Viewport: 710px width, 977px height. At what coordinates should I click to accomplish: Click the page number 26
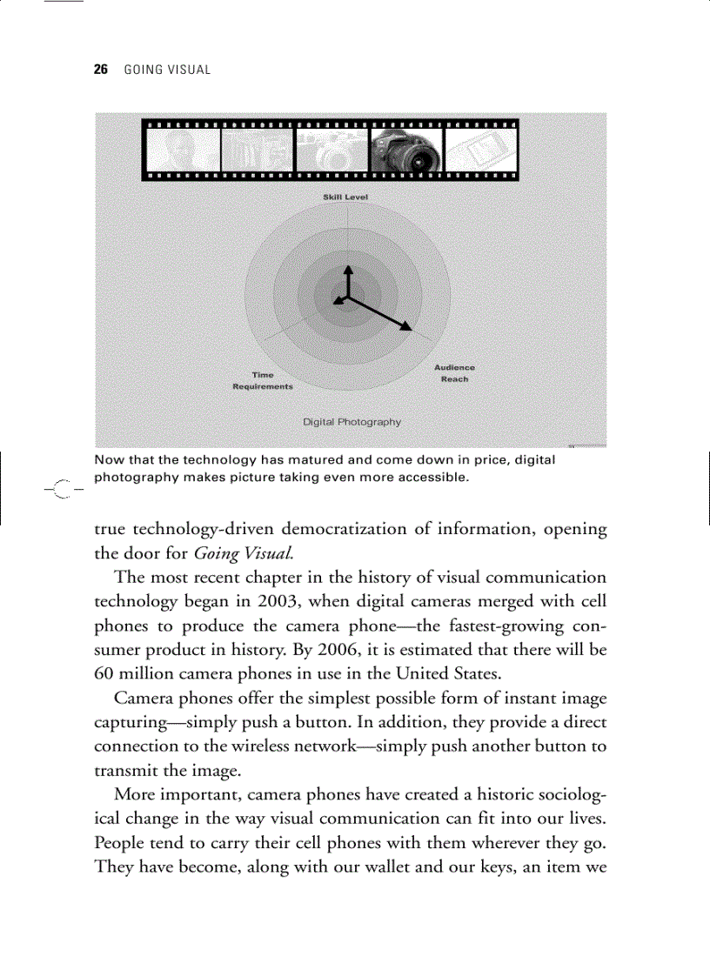(100, 70)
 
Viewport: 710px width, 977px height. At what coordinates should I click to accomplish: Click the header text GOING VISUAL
(167, 70)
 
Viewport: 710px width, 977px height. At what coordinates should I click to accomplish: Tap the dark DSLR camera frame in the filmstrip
(405, 150)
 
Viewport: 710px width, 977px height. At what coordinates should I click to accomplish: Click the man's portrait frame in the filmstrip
(182, 150)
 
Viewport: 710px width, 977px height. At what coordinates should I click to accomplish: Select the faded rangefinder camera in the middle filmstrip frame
(331, 150)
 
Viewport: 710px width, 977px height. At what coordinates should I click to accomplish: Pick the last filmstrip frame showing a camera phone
(480, 150)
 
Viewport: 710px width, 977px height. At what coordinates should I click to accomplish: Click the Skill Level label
(345, 197)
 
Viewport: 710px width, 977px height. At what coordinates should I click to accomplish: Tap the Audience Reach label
(454, 373)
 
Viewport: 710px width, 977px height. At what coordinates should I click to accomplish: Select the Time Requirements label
(262, 381)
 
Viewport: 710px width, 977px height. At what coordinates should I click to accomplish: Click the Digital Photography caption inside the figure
(352, 422)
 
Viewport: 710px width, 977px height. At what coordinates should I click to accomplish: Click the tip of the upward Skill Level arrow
(347, 266)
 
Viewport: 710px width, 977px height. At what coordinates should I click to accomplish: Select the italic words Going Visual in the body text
(230, 553)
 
